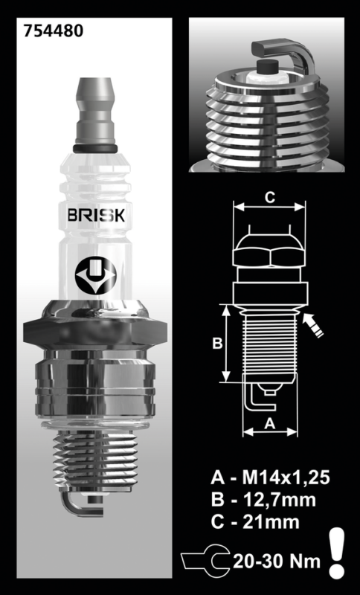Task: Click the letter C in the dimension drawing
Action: point(270,197)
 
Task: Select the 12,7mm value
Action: point(280,500)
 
